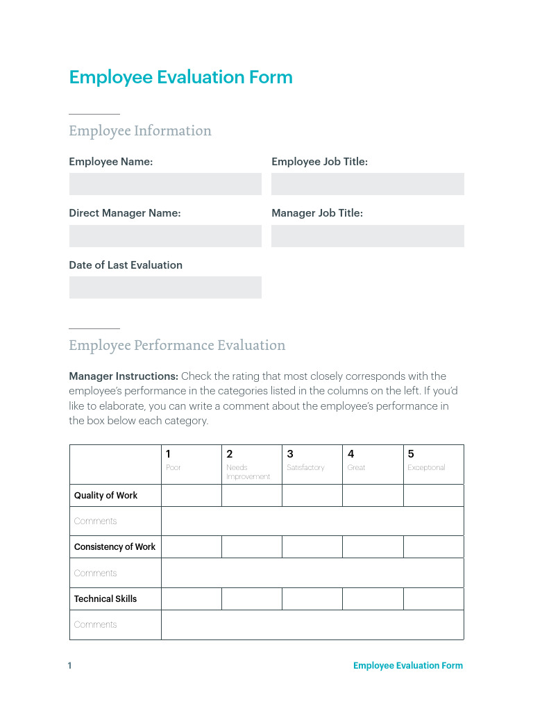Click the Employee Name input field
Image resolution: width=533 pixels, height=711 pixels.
click(x=165, y=184)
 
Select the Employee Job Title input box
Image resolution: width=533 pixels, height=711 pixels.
click(x=367, y=184)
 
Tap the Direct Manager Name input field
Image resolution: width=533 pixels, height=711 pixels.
click(x=165, y=236)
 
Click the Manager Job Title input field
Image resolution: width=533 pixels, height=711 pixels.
click(x=367, y=236)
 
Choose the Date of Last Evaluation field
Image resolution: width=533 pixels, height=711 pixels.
click(x=165, y=287)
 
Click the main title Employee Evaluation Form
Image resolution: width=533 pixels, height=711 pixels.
click(x=180, y=77)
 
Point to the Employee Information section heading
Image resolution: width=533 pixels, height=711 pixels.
click(x=140, y=131)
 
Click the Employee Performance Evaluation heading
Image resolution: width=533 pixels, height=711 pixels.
click(x=177, y=345)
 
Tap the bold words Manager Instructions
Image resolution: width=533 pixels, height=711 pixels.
click(x=124, y=376)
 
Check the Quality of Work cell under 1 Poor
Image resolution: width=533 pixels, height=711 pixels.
click(x=191, y=496)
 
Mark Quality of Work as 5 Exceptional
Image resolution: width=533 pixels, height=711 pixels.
click(x=433, y=496)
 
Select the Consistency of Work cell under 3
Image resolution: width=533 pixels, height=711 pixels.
click(x=312, y=547)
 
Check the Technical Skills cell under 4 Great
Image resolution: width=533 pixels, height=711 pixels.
click(x=372, y=599)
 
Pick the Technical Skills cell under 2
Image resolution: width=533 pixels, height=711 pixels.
click(x=251, y=599)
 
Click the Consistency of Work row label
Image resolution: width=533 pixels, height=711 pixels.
click(x=115, y=547)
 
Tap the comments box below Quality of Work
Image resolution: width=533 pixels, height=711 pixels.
click(x=312, y=521)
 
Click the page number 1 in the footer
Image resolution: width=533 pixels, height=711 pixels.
click(x=69, y=666)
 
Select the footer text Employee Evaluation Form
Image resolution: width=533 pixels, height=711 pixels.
click(x=407, y=666)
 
